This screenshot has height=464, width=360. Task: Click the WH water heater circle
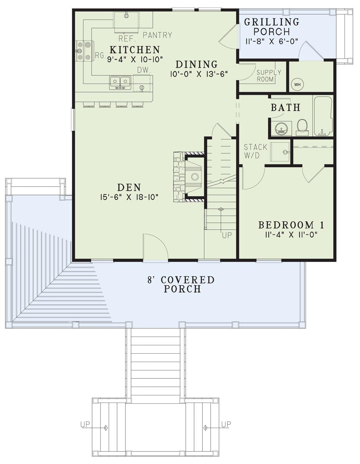297,84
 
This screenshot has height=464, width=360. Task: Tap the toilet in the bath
302,127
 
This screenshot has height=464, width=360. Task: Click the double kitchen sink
120,83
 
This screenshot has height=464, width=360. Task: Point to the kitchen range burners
84,51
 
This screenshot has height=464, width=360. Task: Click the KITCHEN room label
135,50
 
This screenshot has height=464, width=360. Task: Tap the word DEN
129,188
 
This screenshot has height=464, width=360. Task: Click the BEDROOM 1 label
291,225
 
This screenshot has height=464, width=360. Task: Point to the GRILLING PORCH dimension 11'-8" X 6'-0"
272,41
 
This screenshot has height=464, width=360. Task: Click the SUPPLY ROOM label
269,76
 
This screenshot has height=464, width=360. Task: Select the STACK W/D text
255,151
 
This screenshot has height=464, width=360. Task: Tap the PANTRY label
157,35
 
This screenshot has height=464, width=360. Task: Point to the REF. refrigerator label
127,39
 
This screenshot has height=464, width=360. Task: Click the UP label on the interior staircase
227,235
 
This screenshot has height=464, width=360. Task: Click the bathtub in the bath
322,116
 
